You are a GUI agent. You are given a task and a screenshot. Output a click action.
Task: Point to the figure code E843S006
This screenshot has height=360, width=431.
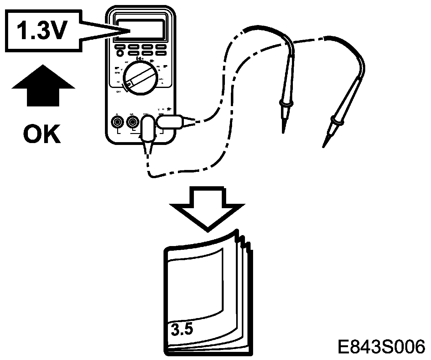coord(381,347)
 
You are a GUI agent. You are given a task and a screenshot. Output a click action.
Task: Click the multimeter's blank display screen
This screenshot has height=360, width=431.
coord(141,29)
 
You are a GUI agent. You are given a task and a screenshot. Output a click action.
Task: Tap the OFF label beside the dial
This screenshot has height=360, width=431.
coord(119,92)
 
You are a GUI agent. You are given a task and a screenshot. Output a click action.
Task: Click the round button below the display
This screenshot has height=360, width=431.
coord(119,54)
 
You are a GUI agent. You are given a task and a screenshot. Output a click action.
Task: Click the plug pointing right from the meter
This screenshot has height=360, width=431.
coord(171,122)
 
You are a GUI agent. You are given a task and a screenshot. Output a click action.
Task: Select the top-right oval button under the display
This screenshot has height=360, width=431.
coord(161,47)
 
